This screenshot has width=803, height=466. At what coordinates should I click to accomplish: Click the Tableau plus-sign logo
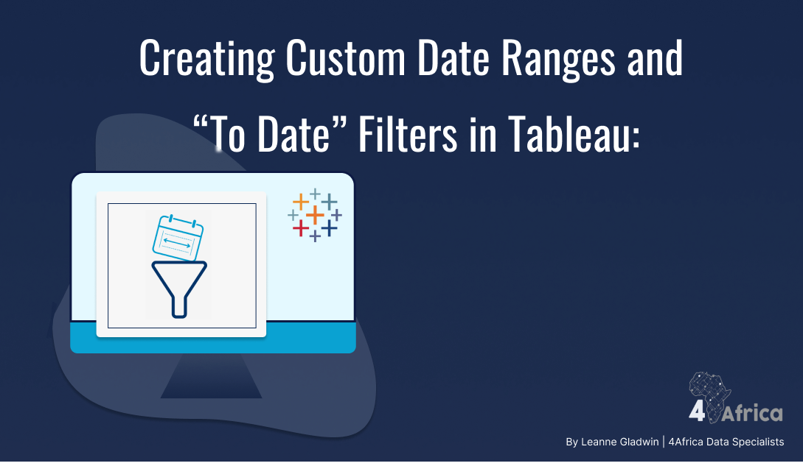(x=315, y=215)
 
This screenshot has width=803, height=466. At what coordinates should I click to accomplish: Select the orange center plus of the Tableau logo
(x=315, y=215)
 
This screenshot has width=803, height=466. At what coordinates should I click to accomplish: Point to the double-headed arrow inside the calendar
(x=177, y=240)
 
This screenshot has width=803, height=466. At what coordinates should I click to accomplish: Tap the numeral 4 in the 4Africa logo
(x=697, y=413)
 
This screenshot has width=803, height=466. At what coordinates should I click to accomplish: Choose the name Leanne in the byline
(x=597, y=442)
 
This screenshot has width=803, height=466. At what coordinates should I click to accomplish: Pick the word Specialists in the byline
(x=757, y=442)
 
